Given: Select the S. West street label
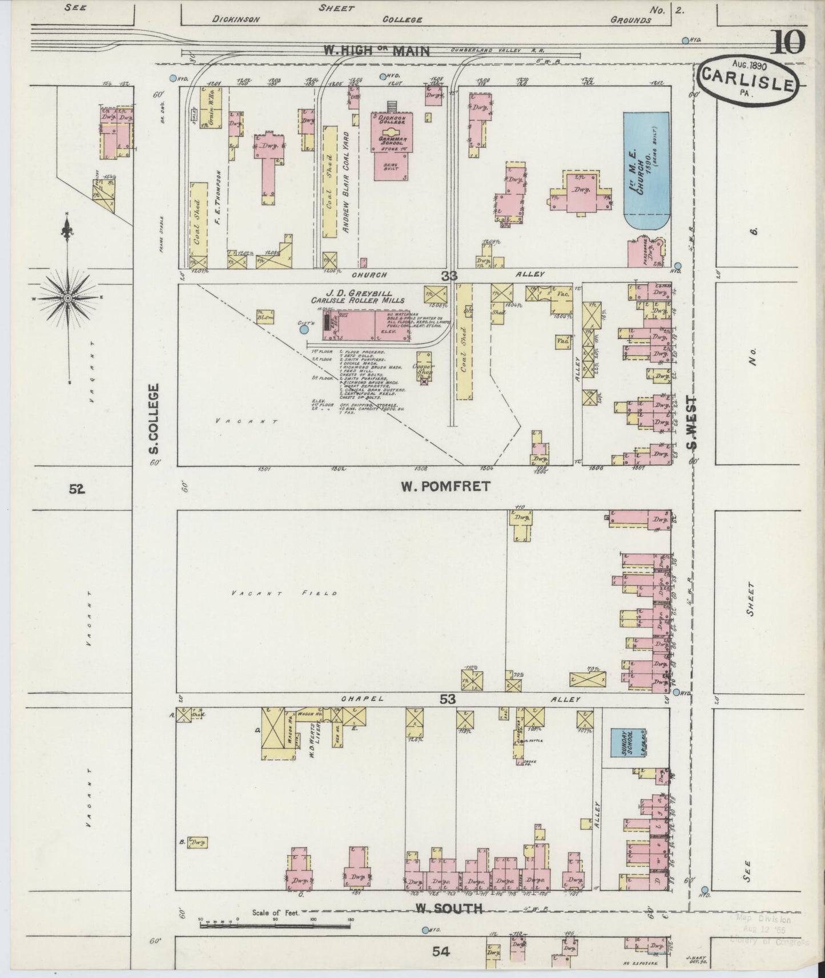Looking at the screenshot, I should [x=692, y=422].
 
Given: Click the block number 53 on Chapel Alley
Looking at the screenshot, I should [x=448, y=700].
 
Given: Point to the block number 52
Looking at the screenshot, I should [x=77, y=488].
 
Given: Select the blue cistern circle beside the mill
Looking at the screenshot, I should [x=304, y=329].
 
